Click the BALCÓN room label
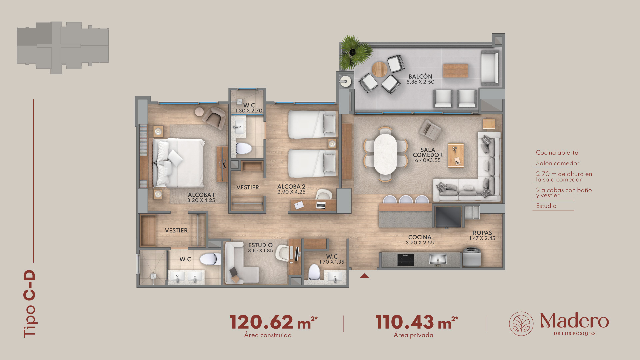(x=420, y=77)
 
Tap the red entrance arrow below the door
(x=364, y=276)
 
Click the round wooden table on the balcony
(x=380, y=69)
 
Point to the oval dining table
(x=385, y=154)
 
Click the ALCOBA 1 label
(x=201, y=195)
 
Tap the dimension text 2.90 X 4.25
(x=291, y=192)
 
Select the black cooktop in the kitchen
(x=406, y=260)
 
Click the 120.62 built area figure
(x=262, y=322)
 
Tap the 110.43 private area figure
(x=405, y=322)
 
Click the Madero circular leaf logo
(x=521, y=324)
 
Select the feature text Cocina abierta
(x=557, y=153)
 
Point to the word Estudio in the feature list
(x=546, y=206)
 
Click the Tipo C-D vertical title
(x=30, y=304)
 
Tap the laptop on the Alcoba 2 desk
(x=321, y=205)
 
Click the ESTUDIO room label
(x=260, y=245)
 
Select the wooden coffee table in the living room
(x=456, y=155)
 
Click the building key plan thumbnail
(x=63, y=48)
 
